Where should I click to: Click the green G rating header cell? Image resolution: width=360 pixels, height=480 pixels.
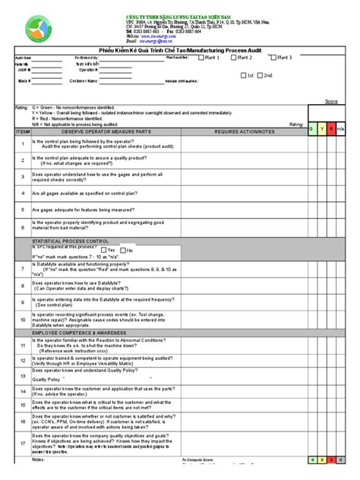tap(312, 130)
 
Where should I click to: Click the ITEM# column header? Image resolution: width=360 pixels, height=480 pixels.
tap(22, 131)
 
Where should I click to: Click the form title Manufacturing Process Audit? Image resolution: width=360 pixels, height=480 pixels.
tap(180, 47)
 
